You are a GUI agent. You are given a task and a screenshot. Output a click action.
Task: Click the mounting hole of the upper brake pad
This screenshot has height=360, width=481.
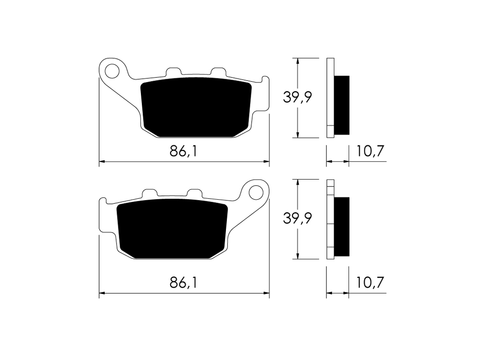[112, 71]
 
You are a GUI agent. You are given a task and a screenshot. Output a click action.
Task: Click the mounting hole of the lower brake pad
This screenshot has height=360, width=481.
[256, 193]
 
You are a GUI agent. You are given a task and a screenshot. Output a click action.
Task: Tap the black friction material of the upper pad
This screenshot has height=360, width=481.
[196, 107]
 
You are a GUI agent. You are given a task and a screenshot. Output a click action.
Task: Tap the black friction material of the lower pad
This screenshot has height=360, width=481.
[172, 229]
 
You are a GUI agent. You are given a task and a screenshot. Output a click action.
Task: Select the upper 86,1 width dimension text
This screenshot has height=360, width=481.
[183, 151]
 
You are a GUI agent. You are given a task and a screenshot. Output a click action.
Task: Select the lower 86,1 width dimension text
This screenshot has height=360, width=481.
[183, 283]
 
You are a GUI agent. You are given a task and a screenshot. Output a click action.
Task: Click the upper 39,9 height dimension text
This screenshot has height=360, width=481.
[297, 97]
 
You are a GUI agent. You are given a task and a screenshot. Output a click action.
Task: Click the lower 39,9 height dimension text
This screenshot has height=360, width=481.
[297, 218]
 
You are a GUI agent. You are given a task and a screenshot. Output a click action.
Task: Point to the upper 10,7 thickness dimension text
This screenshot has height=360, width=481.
[370, 151]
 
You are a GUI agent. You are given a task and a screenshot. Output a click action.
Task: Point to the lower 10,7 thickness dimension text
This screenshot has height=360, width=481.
[370, 283]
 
